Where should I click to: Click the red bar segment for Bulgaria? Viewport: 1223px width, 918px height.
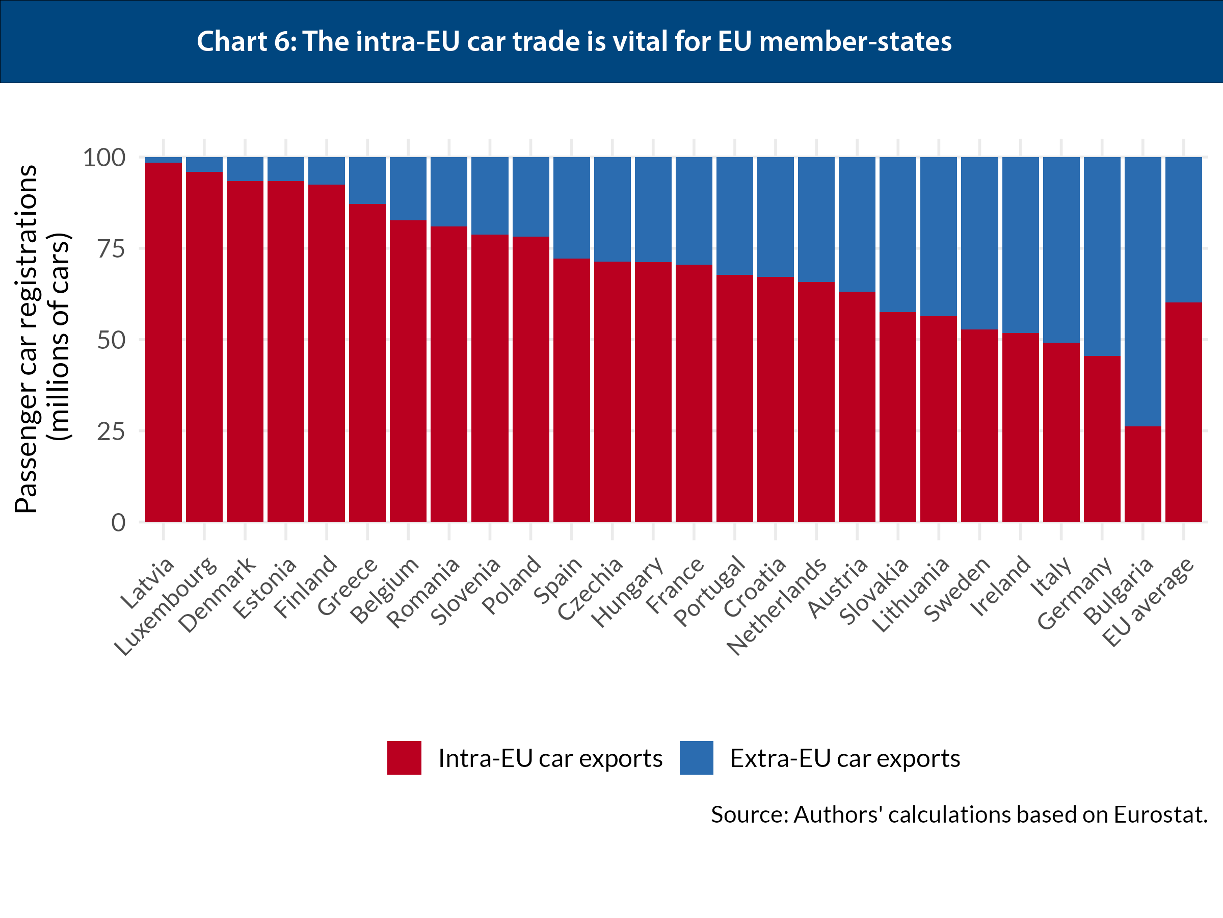click(1142, 474)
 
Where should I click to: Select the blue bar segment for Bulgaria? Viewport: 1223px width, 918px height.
click(1142, 291)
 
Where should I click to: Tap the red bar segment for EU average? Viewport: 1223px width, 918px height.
click(1183, 412)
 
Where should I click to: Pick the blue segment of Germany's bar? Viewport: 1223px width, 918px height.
click(1102, 256)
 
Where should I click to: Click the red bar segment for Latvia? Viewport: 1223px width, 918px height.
click(163, 342)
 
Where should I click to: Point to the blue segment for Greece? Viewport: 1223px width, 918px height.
click(367, 181)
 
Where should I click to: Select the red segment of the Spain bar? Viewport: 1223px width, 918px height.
click(571, 390)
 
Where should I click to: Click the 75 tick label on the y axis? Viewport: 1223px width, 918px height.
click(111, 249)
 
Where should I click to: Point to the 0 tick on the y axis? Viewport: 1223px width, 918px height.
click(118, 522)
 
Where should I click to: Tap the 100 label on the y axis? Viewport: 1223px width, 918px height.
click(104, 158)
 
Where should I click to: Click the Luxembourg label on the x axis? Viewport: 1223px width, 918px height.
click(166, 606)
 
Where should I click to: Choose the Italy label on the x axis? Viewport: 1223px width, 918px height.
click(1052, 577)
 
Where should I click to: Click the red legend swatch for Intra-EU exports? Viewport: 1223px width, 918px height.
click(404, 757)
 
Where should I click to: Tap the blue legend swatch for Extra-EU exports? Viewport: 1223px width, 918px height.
click(696, 757)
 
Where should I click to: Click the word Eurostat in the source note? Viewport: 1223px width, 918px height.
click(1160, 814)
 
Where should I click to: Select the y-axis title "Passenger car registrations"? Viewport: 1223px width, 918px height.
click(26, 339)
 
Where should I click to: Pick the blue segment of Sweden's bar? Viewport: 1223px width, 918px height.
click(979, 243)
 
